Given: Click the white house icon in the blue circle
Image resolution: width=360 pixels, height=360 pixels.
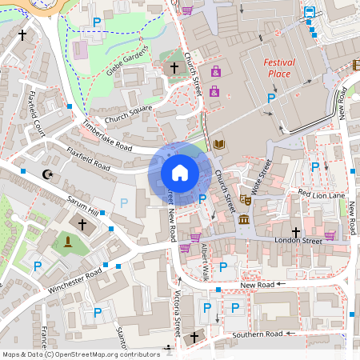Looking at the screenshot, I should pos(179,172).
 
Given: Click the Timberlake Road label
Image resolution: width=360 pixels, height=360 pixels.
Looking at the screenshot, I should pos(106,137).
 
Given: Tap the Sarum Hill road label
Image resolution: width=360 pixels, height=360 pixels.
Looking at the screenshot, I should pos(82,204).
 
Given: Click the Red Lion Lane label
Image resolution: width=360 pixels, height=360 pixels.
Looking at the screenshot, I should pos(321,194).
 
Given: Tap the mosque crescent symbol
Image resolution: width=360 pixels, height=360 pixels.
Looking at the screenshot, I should pos(46,174).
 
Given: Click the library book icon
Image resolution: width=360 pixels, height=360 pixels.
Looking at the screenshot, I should pos(220,144).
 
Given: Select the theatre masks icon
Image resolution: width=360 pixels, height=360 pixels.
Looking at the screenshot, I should pos(246,200).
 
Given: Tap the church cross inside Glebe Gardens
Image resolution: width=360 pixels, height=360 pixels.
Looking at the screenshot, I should pos(174,68).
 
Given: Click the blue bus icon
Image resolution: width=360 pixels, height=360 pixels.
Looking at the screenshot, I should pos(309,12).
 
